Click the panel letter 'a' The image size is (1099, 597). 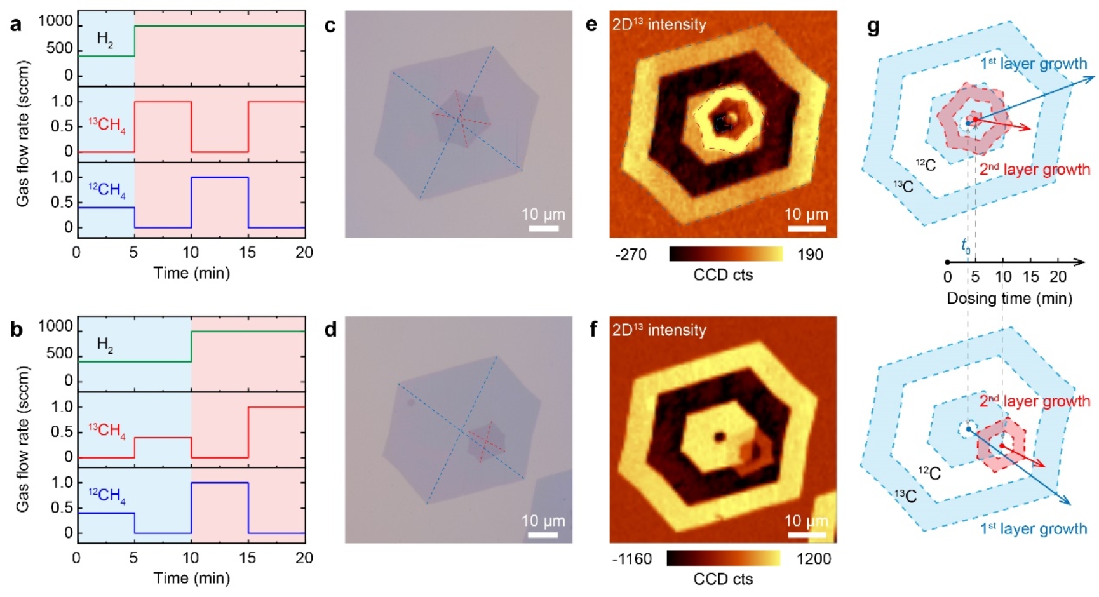15,25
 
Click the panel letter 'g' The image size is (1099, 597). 873,27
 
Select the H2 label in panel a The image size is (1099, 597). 105,39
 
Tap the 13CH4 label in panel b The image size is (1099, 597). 107,431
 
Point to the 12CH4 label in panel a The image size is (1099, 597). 107,189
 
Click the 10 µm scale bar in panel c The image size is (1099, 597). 543,227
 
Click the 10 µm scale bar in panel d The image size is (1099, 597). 543,534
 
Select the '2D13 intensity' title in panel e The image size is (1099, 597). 659,25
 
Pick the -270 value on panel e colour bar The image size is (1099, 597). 631,255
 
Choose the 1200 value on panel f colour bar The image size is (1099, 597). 814,559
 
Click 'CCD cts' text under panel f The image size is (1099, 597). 723,579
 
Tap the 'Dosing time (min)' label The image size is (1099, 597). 1009,298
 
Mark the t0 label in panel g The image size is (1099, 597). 966,245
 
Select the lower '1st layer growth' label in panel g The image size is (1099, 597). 1034,529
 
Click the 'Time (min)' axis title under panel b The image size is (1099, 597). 191,578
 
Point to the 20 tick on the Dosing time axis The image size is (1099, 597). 1058,277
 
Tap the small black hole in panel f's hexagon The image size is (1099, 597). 720,436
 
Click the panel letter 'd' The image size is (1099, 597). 330,330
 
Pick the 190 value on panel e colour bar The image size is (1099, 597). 810,255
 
